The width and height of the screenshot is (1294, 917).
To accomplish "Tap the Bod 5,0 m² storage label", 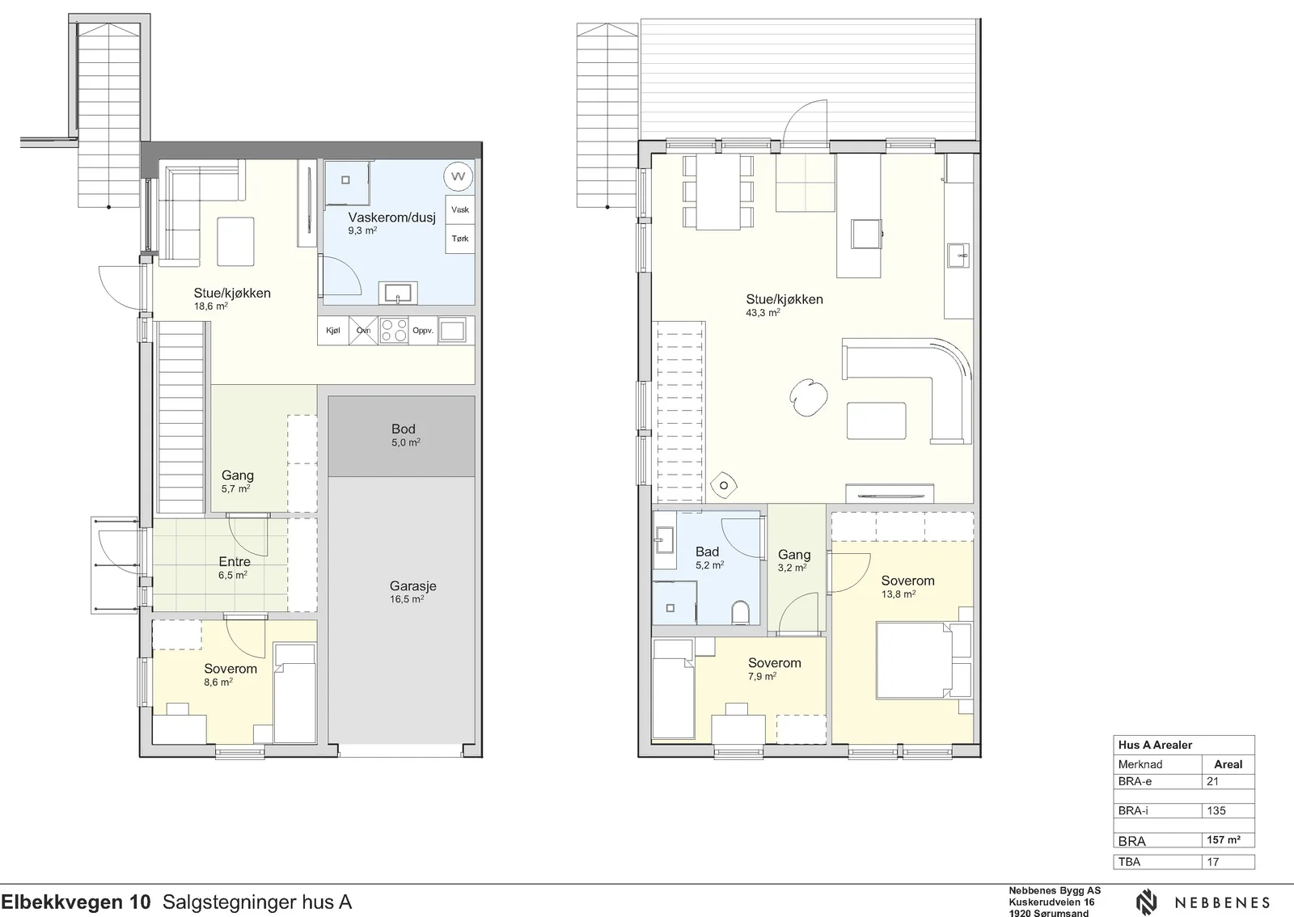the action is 404,435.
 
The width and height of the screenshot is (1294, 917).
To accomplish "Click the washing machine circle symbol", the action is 458,176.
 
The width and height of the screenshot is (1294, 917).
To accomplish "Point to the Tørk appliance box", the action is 460,239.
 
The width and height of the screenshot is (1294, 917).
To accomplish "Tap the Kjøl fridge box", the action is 333,330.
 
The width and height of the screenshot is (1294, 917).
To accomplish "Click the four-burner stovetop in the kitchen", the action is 394,330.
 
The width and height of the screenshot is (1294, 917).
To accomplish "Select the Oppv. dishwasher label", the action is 423,330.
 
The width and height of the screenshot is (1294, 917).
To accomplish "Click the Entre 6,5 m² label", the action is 234,568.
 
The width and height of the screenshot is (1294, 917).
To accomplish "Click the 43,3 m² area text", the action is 763,312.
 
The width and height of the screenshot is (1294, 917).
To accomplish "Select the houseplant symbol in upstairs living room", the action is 808,397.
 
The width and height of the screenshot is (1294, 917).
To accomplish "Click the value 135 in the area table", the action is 1216,811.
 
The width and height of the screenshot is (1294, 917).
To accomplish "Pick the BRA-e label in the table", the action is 1135,781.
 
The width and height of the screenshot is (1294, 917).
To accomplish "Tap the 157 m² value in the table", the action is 1224,840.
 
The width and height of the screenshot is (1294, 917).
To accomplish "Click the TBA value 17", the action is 1212,862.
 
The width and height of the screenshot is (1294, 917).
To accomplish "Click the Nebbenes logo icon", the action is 1147,903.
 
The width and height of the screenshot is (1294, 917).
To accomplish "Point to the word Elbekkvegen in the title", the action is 61,902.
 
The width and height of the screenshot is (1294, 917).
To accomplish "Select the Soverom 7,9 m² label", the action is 774,669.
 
